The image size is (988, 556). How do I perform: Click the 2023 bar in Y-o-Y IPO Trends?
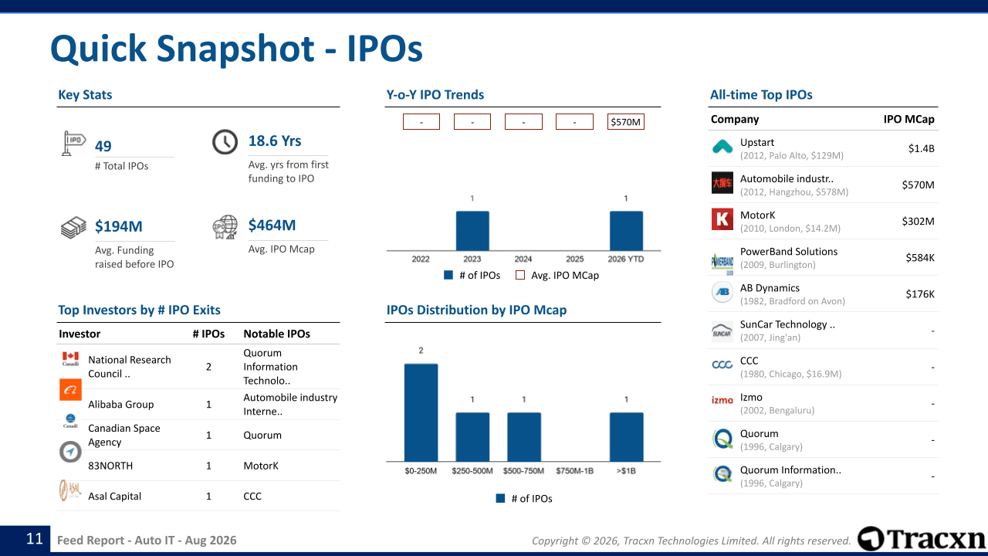coord(472,231)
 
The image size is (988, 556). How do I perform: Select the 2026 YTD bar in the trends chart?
coord(626,231)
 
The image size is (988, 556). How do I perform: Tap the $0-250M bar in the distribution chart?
coord(421,412)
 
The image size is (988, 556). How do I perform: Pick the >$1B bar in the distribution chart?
coord(626,437)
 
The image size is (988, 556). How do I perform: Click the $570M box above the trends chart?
coord(625,122)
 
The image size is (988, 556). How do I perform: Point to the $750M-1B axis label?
coord(575,471)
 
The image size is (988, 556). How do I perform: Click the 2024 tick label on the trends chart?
coord(523,259)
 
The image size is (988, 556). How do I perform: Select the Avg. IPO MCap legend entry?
coord(557,276)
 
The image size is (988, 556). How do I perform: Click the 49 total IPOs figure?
coord(103,146)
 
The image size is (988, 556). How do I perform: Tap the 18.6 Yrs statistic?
coord(275,141)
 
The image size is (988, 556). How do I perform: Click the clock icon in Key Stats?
coord(225,141)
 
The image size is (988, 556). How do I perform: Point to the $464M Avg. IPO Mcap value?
coord(272,225)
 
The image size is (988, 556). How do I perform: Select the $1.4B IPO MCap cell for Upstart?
coord(921,148)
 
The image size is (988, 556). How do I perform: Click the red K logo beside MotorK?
coord(722,219)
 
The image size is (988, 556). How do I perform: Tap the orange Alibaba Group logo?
coord(70,390)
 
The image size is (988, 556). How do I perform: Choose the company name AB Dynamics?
coord(770,288)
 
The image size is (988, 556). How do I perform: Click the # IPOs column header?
coord(208,334)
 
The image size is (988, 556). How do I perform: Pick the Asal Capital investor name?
coord(115,496)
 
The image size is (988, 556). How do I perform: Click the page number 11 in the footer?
coord(35,539)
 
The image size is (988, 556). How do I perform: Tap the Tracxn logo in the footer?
coord(921,538)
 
